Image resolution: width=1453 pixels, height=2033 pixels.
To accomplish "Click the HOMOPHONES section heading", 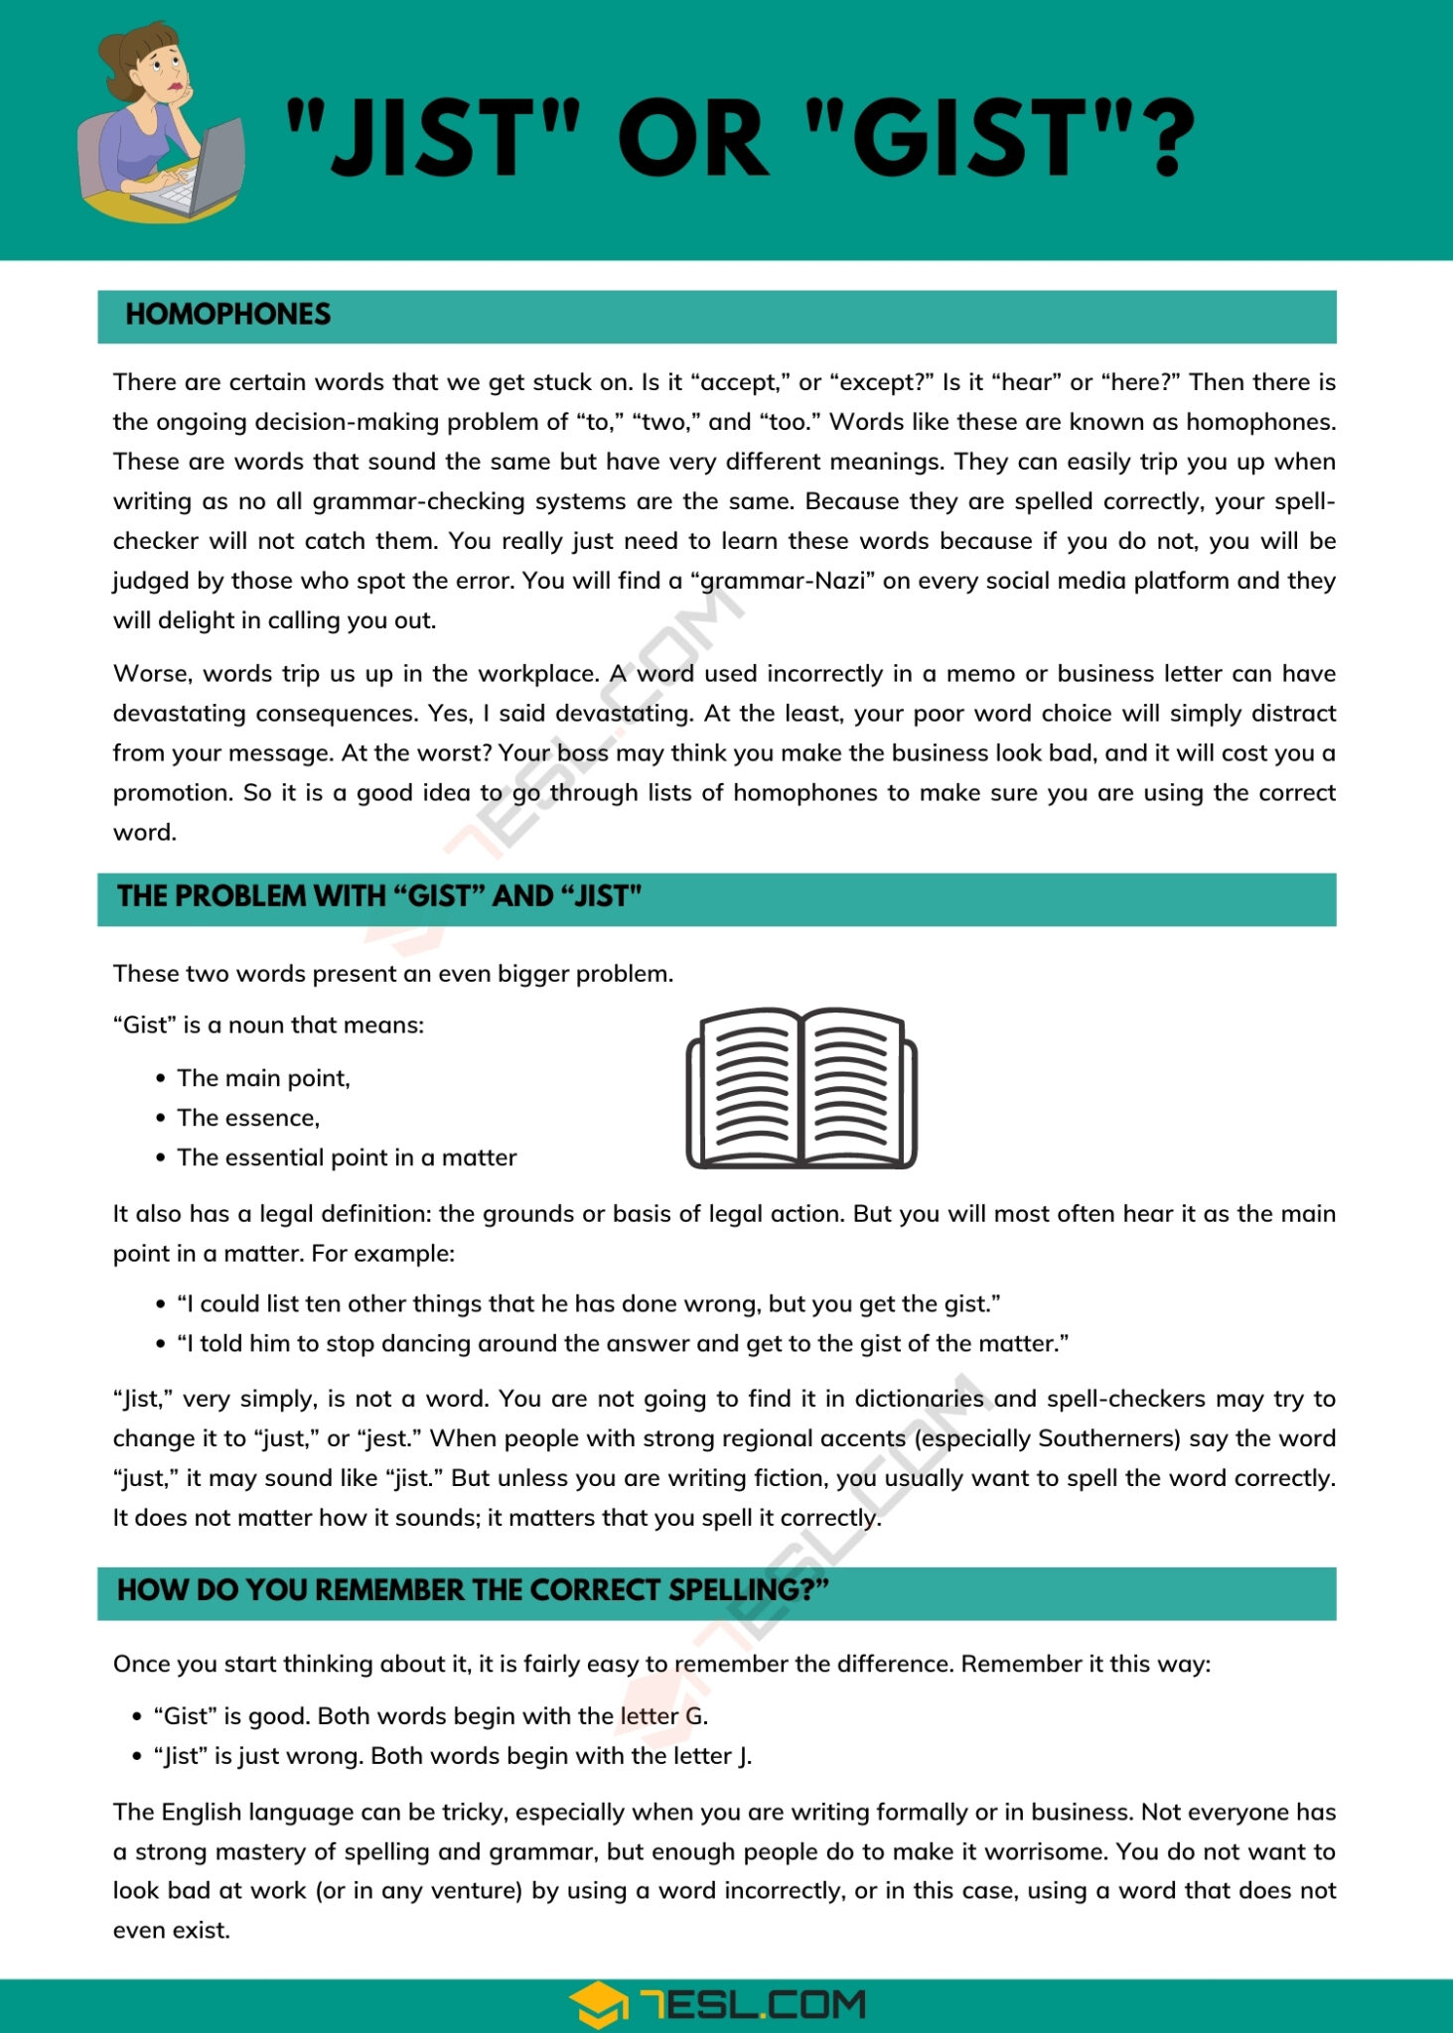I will coord(227,315).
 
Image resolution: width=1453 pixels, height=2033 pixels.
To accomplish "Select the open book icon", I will coord(800,1089).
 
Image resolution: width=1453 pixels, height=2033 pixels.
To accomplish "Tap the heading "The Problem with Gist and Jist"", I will coord(379,896).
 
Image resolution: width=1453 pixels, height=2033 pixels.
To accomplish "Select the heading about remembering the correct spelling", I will coord(473,1590).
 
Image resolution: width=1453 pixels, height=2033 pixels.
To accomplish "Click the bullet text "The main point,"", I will coord(263,1078).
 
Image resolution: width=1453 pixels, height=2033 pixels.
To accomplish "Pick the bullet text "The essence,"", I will coord(248,1118).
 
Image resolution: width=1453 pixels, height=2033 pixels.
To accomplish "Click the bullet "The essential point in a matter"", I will coord(347,1157).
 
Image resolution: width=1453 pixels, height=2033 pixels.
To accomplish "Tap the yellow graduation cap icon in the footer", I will coord(598,2005).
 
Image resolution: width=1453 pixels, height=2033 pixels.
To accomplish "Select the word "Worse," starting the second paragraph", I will coord(152,674).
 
